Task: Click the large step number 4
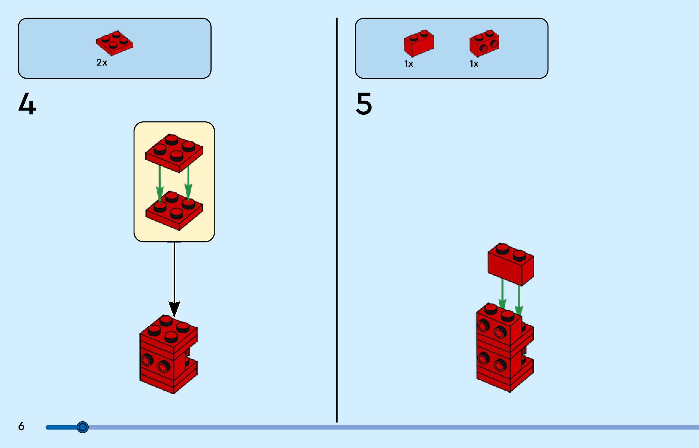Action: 27,104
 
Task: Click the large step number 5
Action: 364,104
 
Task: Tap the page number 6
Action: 21,426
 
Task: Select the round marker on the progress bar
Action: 82,427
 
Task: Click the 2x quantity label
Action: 102,63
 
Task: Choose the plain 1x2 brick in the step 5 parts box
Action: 419,43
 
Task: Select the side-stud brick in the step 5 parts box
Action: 484,43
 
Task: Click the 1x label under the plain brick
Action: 409,64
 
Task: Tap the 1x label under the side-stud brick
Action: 474,64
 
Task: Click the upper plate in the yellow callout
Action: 174,153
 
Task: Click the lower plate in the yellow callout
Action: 174,210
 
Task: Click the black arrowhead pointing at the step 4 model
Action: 174,308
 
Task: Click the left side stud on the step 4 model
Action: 147,360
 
